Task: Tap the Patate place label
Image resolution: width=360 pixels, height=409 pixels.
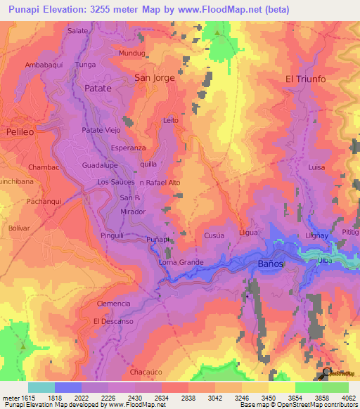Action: coord(98,89)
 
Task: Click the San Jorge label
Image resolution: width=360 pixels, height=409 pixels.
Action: coord(154,77)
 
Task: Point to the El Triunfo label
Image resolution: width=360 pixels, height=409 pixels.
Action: coord(305,79)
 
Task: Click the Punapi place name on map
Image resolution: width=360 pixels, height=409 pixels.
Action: coord(158,240)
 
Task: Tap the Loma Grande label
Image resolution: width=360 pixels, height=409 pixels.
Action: coord(181,262)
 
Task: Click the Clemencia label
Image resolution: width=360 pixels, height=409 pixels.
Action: coord(114,304)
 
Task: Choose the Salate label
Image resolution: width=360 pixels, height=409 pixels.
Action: coord(78,32)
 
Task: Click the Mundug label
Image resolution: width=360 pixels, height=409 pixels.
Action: coord(131,53)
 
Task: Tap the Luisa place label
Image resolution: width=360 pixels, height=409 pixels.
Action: coord(316,167)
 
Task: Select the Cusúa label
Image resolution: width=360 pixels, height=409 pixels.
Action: coord(214,235)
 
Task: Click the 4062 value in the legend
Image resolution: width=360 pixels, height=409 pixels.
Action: coord(349,397)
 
